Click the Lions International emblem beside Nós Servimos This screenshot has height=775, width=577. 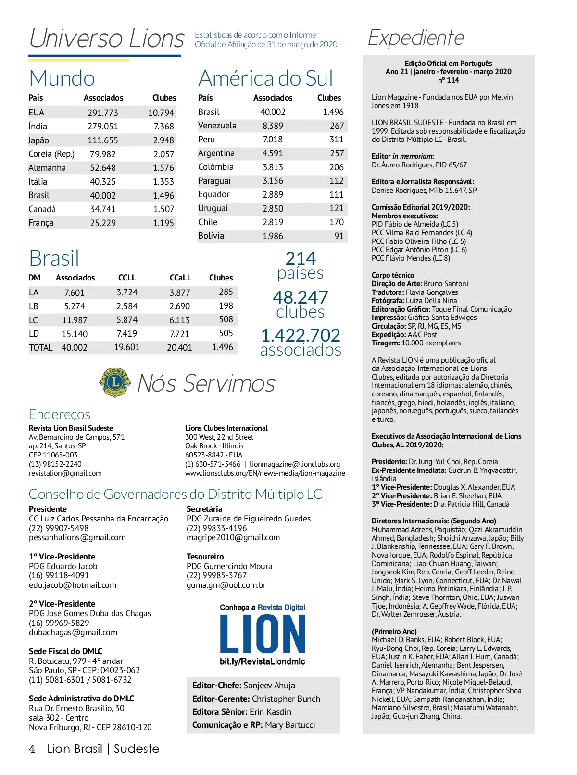[x=115, y=382]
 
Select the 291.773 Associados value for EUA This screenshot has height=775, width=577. [x=103, y=113]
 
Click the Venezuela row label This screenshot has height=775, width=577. [x=217, y=126]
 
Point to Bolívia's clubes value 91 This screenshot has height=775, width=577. [x=339, y=236]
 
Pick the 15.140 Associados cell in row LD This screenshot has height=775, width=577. [x=75, y=334]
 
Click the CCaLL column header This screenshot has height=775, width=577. [x=180, y=278]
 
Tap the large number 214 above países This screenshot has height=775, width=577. [x=301, y=258]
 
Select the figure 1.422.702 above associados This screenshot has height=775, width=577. [x=301, y=335]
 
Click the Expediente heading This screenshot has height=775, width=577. [x=416, y=38]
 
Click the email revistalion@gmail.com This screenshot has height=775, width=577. [x=65, y=473]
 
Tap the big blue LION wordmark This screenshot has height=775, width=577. [x=263, y=634]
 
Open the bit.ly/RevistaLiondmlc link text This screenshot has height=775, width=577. [x=263, y=661]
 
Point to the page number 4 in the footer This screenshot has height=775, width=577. [x=32, y=749]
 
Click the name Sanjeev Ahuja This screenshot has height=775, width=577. [x=269, y=686]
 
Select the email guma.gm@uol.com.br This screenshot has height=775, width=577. [x=226, y=585]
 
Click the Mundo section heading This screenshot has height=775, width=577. [x=62, y=78]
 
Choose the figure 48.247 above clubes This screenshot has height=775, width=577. [x=301, y=297]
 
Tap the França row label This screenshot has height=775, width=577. [x=41, y=223]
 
